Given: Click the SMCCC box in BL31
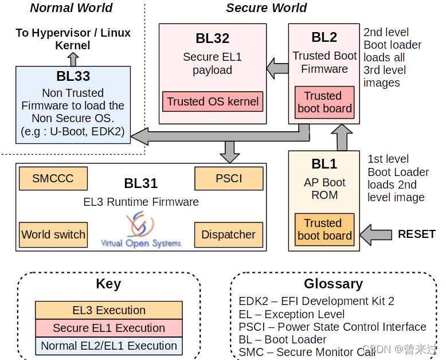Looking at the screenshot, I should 53,178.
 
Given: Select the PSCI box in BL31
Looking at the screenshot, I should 229,178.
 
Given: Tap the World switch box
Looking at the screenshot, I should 53,234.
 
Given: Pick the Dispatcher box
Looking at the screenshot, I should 229,234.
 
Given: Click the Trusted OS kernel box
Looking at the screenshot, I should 213,101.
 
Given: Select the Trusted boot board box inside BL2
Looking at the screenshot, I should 324,102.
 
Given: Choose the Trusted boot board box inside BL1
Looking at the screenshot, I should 324,229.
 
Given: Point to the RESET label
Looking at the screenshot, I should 417,234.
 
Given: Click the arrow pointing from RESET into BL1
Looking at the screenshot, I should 375,234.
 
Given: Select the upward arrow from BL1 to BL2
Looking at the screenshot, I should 342,138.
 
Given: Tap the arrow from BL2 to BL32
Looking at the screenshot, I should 277,68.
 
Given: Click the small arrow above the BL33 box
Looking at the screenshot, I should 73,59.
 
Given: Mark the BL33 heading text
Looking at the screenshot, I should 73,76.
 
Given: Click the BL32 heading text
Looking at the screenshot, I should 212,38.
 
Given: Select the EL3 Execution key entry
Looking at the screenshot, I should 109,310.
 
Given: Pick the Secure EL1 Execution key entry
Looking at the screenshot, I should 109,328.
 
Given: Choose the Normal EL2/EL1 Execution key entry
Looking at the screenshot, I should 109,346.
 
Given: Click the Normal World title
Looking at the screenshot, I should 71,7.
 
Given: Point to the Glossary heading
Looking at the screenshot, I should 333,284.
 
